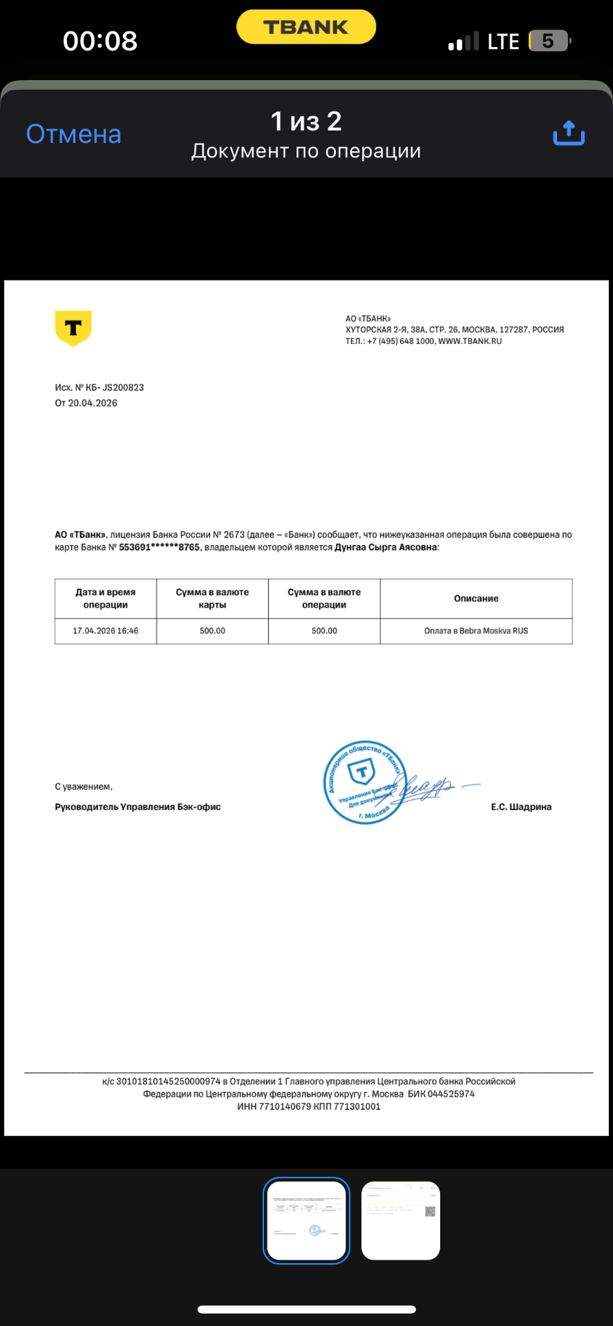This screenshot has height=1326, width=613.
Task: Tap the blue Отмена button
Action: pyautogui.click(x=73, y=134)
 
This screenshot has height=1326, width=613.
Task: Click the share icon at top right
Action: pyautogui.click(x=569, y=133)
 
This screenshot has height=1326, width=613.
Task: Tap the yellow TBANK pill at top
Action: pyautogui.click(x=306, y=28)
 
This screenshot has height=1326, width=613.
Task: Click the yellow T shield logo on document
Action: pyautogui.click(x=73, y=328)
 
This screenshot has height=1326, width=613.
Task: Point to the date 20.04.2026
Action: pyautogui.click(x=93, y=403)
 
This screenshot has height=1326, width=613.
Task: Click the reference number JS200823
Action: pyautogui.click(x=123, y=387)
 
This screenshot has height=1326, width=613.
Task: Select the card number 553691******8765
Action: pyautogui.click(x=159, y=547)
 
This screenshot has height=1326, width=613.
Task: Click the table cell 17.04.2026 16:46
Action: pyautogui.click(x=106, y=631)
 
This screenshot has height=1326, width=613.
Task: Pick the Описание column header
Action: pyautogui.click(x=476, y=598)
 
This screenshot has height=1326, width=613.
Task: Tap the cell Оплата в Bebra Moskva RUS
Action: pyautogui.click(x=476, y=631)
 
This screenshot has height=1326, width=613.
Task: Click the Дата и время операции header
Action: pyautogui.click(x=106, y=598)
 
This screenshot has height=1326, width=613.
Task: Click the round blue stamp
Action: pyautogui.click(x=364, y=782)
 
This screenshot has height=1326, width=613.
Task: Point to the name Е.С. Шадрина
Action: pyautogui.click(x=521, y=807)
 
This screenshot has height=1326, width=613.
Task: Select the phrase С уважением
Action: pyautogui.click(x=84, y=787)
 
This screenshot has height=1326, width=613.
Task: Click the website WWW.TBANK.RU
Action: pyautogui.click(x=470, y=341)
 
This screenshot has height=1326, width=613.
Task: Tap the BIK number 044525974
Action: pyautogui.click(x=451, y=1094)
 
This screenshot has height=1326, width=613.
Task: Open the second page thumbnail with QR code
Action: pyautogui.click(x=401, y=1220)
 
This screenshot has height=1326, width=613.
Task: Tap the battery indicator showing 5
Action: pyautogui.click(x=549, y=41)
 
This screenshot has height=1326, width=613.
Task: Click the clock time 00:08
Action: pyautogui.click(x=100, y=41)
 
